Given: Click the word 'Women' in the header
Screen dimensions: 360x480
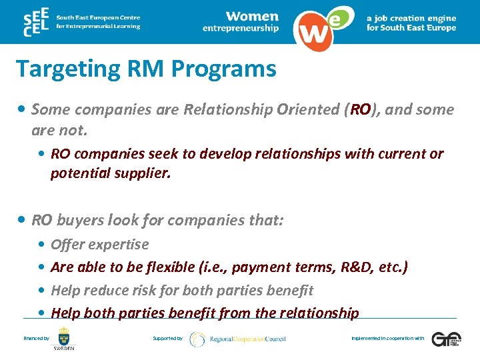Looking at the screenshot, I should pos(251,16).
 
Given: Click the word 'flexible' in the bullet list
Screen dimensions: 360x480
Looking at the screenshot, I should pos(169,267).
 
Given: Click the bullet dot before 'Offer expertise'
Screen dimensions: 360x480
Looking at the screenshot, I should pos(42,245).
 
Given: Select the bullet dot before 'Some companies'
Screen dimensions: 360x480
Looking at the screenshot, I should pos(23,109).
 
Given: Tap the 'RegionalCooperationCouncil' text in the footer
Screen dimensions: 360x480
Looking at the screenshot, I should pos(247,339).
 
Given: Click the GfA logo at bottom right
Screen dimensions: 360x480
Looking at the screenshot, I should pos(445,339).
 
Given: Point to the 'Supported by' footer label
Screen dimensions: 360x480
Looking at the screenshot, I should pos(167,339).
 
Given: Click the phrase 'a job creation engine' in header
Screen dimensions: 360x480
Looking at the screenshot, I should pos(411,19).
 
